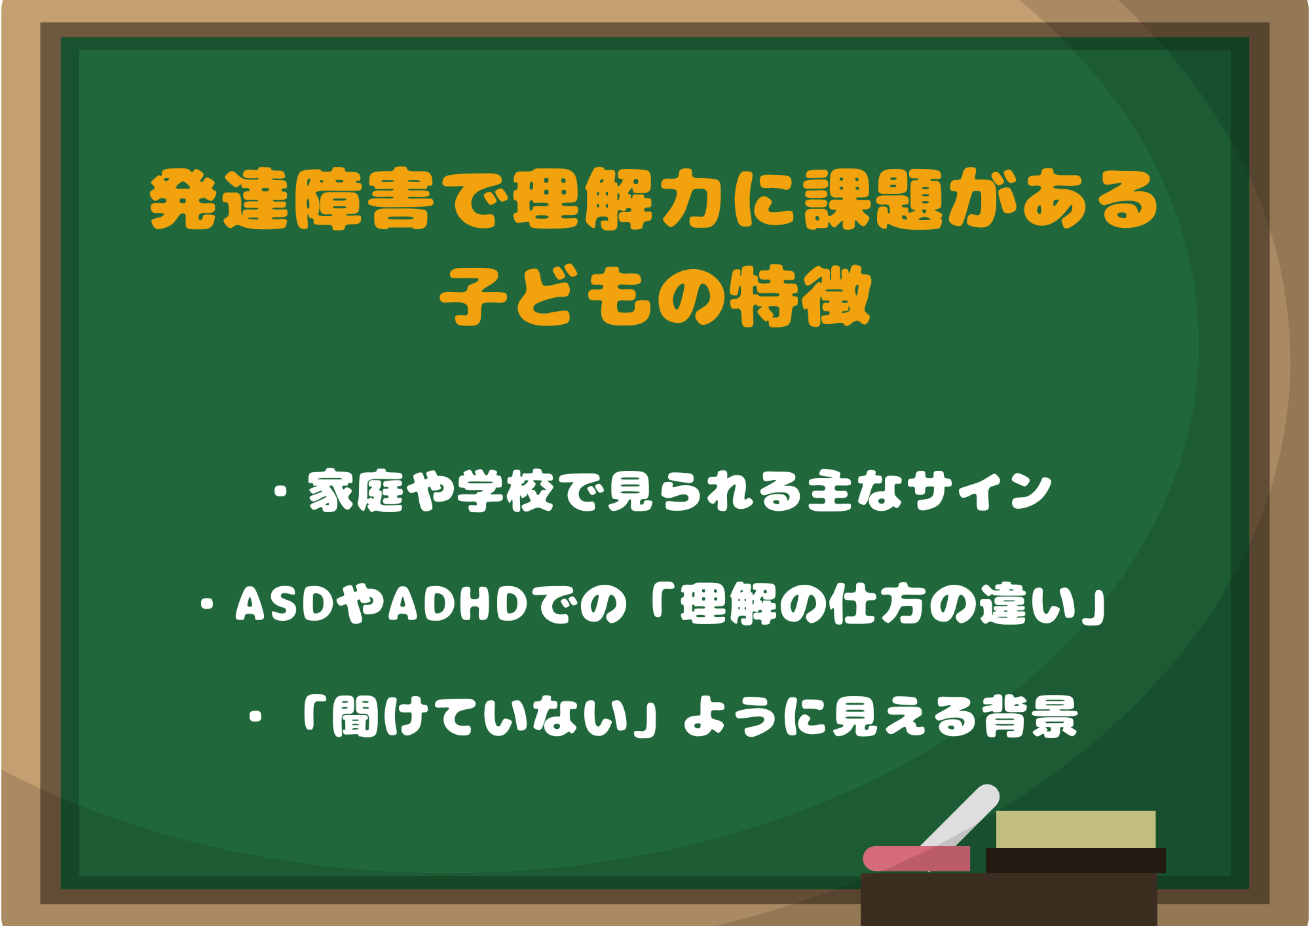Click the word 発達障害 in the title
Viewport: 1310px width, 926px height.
coord(292,199)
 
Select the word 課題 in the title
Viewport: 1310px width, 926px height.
coord(875,199)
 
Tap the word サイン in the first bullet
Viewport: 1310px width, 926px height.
coord(982,491)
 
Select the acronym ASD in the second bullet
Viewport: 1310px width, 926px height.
coord(285,603)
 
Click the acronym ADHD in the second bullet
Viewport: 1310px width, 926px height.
coord(458,603)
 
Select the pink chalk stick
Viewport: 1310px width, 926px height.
coord(916,858)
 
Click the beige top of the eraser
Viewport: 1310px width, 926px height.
coord(1076,829)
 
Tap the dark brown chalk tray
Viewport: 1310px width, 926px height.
coord(1009,898)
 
